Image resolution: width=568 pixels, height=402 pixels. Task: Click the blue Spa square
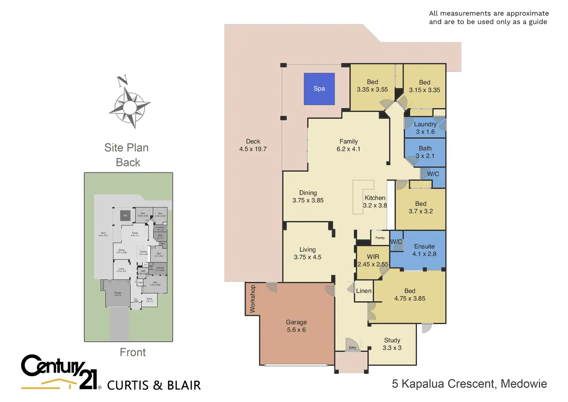[x=319, y=89]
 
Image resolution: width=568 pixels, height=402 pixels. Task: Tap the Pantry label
[x=380, y=238]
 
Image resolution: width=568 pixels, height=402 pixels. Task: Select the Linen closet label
[x=363, y=291]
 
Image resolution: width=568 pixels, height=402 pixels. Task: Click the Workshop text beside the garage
[x=252, y=299]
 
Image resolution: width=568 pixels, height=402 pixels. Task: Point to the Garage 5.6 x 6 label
[x=296, y=326]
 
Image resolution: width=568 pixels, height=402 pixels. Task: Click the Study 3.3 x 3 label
[x=392, y=344]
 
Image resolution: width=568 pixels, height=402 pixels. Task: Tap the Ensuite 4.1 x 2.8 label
[x=424, y=250]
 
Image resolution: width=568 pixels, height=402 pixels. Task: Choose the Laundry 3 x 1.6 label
[x=425, y=128]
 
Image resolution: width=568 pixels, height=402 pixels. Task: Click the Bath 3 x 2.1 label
[x=425, y=152]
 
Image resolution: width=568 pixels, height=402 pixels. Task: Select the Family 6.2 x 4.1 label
[x=348, y=145]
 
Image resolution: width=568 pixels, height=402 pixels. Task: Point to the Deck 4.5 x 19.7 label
[x=253, y=145]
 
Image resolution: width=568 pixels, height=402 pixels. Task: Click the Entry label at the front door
[x=352, y=348]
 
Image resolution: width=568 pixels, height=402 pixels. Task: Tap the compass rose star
[x=130, y=107]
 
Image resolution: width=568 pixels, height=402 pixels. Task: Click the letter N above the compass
[x=122, y=81]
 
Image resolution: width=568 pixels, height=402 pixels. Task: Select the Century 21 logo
[x=60, y=371]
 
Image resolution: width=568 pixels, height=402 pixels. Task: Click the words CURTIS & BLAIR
[x=154, y=385]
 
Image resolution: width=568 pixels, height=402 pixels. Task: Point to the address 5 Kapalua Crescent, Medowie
[x=469, y=384]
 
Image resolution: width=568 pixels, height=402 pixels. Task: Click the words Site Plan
[x=126, y=148]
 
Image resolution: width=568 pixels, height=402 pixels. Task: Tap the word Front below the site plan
[x=132, y=352]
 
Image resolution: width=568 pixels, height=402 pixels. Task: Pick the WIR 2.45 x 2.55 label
[x=373, y=260]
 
